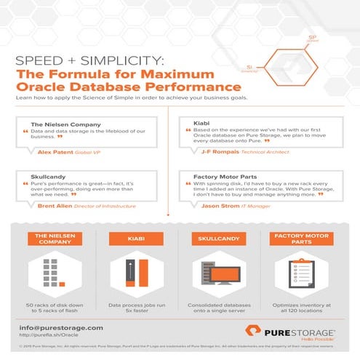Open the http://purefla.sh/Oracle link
[49, 337]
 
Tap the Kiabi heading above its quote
[201, 124]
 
